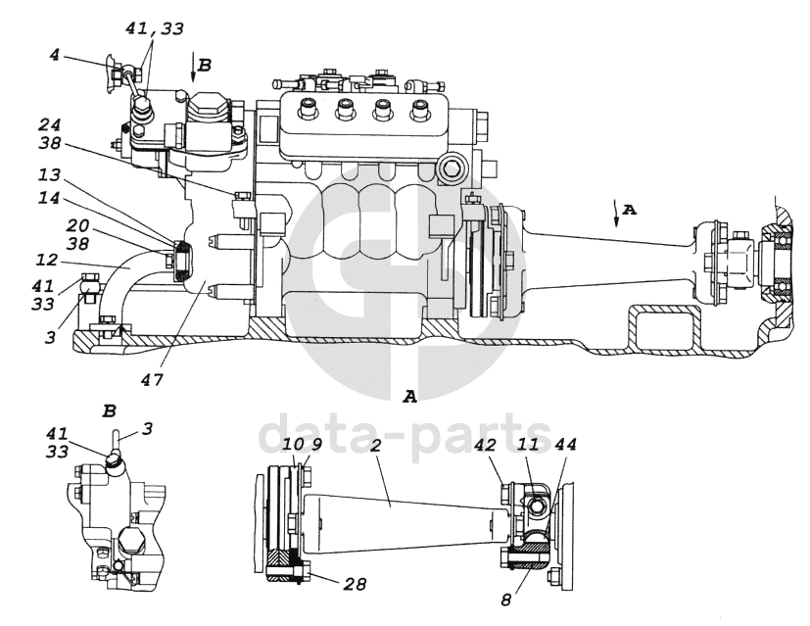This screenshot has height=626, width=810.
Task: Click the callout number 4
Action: click(54, 54)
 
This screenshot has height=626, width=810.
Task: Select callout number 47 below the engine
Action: click(152, 380)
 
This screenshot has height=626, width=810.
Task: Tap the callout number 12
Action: click(46, 260)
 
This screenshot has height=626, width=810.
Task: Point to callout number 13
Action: click(49, 175)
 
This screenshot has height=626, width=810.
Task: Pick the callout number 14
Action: click(49, 198)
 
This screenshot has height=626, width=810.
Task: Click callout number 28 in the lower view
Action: click(355, 584)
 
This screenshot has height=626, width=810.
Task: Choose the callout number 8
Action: click(506, 600)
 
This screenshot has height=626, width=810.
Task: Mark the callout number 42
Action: click(485, 445)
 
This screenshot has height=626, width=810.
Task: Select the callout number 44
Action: click(565, 445)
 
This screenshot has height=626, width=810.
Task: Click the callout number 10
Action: click(293, 445)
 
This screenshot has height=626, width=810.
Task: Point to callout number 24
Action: click(49, 124)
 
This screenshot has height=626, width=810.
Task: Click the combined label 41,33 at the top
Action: click(155, 28)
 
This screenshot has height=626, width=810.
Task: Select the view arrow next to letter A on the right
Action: click(615, 212)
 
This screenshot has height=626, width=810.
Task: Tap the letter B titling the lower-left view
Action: click(109, 411)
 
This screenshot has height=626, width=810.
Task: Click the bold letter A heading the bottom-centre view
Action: click(409, 397)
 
